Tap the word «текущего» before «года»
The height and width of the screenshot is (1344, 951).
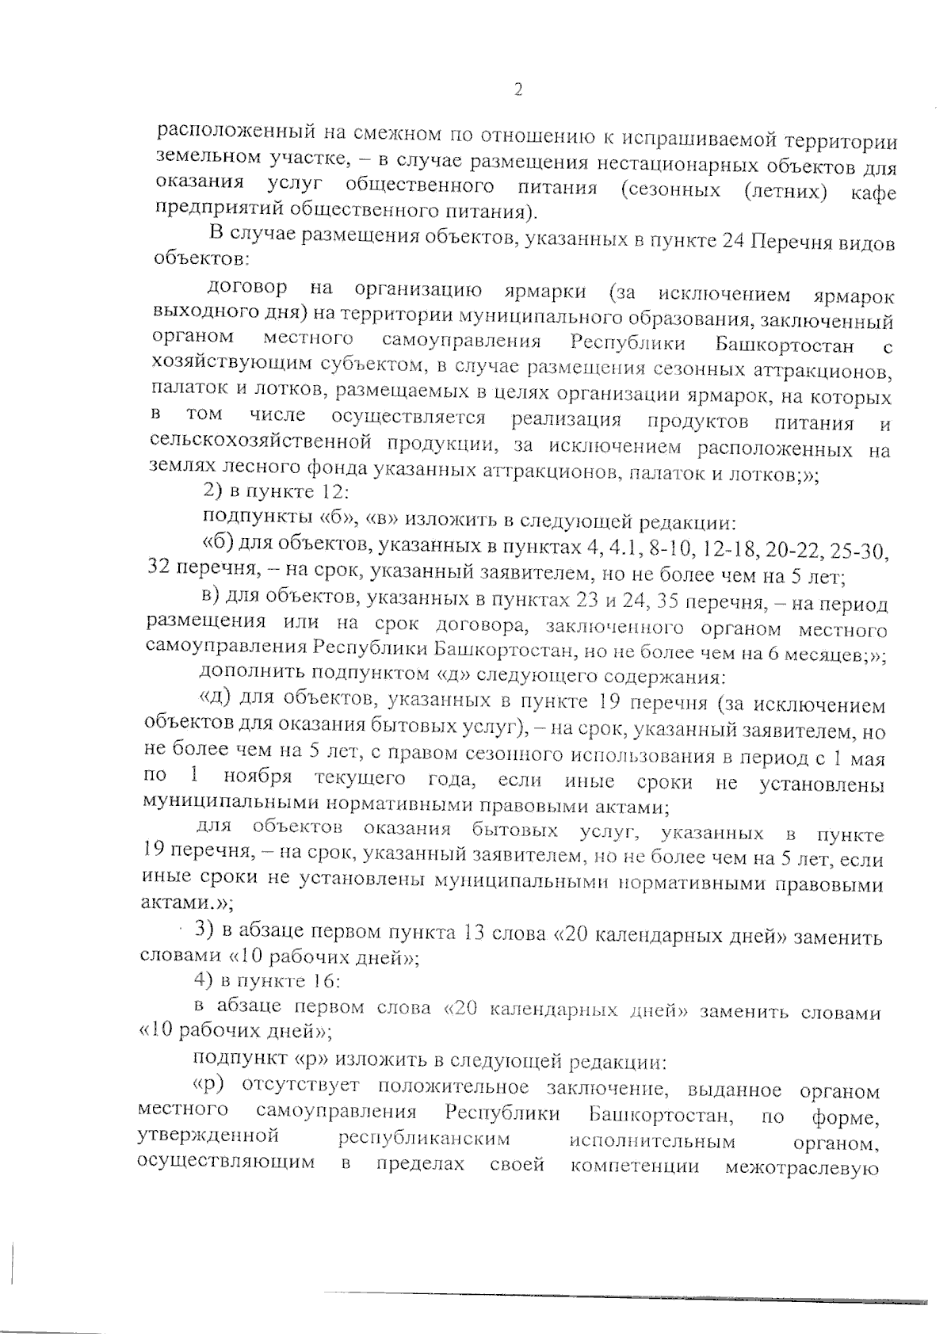(x=361, y=780)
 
